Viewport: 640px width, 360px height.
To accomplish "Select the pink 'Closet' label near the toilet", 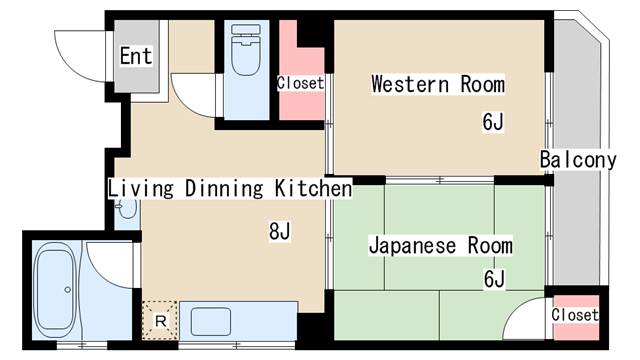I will (300, 83).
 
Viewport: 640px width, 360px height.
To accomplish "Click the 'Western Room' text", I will (437, 84).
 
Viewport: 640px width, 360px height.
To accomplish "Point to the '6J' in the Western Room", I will (492, 122).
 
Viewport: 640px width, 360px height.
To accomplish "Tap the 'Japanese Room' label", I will (440, 245).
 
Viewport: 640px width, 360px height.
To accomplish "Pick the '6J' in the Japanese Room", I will (494, 278).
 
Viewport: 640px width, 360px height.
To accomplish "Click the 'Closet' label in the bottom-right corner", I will (575, 315).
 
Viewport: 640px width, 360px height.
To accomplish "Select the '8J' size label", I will (279, 232).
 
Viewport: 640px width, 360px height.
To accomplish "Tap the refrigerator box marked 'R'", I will (159, 319).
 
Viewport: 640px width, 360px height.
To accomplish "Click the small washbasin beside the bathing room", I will (124, 210).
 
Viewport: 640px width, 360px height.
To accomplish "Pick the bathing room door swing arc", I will (110, 262).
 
